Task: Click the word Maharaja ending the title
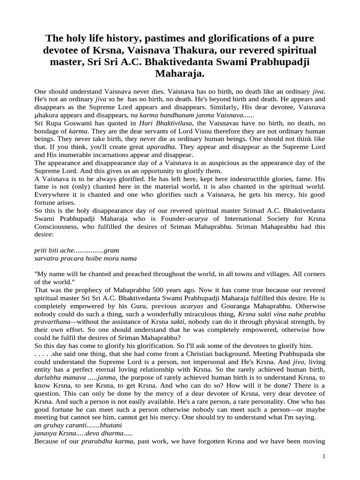[x=180, y=74]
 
